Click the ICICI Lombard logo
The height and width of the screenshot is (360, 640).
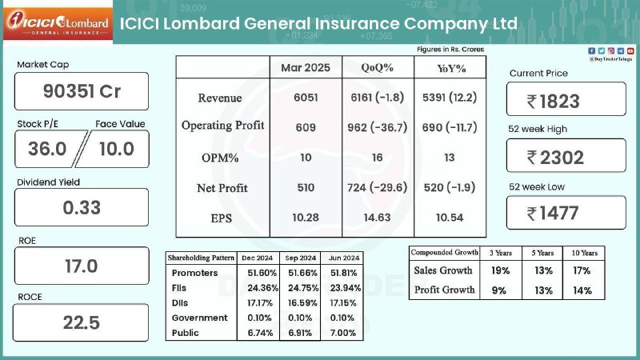tap(58, 24)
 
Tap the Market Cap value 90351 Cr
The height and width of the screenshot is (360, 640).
tap(82, 91)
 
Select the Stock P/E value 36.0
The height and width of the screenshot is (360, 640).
tap(47, 149)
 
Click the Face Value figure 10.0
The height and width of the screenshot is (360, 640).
tap(117, 149)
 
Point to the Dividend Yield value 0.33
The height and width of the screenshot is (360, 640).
tap(82, 208)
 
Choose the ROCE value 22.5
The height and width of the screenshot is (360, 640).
tap(82, 323)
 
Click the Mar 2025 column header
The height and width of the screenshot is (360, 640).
tap(306, 68)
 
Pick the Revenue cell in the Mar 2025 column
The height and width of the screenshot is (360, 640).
tap(306, 98)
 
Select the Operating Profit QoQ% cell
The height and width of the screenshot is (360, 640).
tap(378, 127)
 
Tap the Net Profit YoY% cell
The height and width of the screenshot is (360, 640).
tap(450, 187)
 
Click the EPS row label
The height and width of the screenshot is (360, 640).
tap(222, 218)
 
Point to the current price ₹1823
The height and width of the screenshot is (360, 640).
tap(554, 102)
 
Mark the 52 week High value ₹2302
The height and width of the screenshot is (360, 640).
tap(555, 158)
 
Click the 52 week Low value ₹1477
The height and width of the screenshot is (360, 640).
tap(553, 213)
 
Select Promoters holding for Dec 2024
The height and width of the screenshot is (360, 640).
tap(262, 273)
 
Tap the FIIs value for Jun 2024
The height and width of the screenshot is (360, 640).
tap(346, 288)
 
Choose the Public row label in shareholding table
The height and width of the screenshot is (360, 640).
tap(186, 333)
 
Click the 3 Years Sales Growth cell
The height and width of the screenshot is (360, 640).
tap(501, 270)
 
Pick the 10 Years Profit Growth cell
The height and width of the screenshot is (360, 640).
tap(582, 290)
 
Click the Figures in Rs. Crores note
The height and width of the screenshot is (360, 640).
tap(450, 50)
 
